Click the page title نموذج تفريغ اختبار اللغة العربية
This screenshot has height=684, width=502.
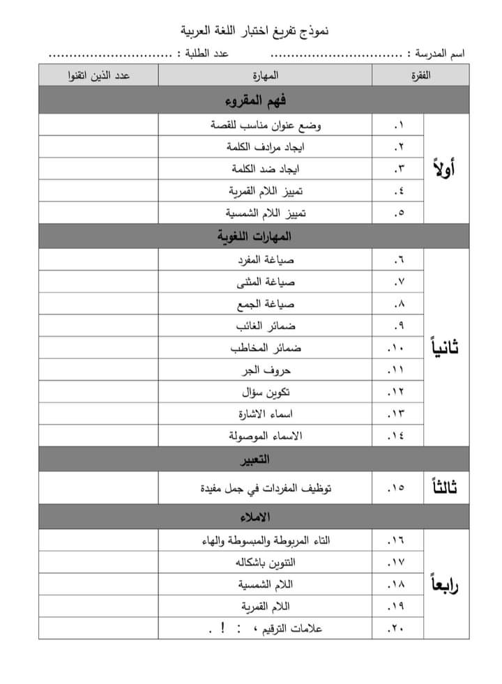(254, 31)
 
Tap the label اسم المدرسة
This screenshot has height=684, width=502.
(440, 54)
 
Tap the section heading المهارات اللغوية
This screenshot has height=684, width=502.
(254, 237)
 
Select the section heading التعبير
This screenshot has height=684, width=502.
(254, 460)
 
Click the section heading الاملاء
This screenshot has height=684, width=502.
(254, 517)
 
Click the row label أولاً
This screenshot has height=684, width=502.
(444, 169)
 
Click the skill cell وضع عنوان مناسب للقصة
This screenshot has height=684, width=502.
(266, 125)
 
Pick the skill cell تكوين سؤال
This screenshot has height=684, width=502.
(266, 391)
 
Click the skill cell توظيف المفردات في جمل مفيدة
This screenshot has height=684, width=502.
(266, 489)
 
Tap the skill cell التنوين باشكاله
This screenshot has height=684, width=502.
(266, 561)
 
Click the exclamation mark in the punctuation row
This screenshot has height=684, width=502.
(222, 628)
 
